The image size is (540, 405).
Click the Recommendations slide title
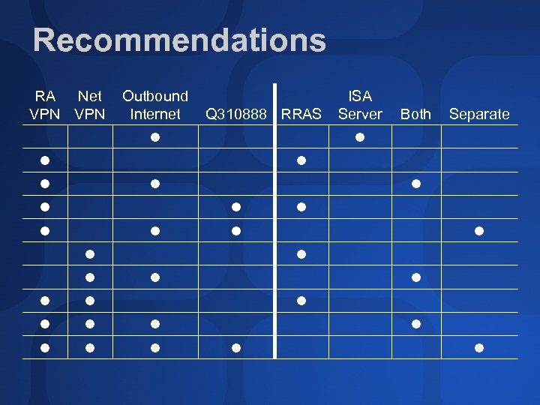coord(179,40)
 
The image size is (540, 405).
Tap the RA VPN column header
coord(45,105)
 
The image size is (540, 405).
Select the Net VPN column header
coord(90,105)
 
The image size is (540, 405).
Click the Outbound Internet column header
coord(155,105)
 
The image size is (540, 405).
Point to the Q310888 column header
coord(235,114)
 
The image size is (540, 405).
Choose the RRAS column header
coord(301,114)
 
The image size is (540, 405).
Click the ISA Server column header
coord(360,105)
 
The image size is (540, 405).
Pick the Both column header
coord(415,114)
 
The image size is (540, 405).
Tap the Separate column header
coord(479,114)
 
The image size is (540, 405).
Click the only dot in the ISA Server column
coord(360,137)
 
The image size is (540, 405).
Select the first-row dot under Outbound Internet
coord(155,137)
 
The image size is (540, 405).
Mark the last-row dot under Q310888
coord(235,348)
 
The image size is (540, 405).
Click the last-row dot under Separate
coord(479,348)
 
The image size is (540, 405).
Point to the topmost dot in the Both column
coord(416,184)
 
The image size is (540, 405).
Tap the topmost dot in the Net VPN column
coord(89,254)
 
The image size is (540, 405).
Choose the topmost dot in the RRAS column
coord(301,160)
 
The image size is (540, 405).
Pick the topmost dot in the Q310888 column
coord(235,207)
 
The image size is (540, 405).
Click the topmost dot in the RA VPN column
coord(45,160)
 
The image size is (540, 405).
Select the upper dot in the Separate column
coord(479,230)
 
